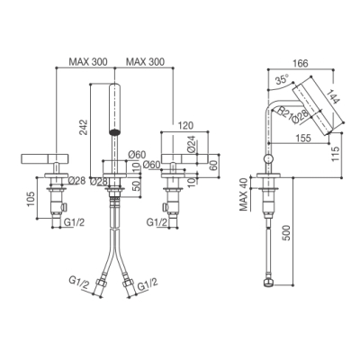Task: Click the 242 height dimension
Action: point(85,128)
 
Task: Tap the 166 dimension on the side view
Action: point(301,63)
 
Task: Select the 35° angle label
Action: point(282,80)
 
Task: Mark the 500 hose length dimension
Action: point(286,233)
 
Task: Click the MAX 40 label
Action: point(244,194)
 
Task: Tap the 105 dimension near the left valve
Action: point(31,198)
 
